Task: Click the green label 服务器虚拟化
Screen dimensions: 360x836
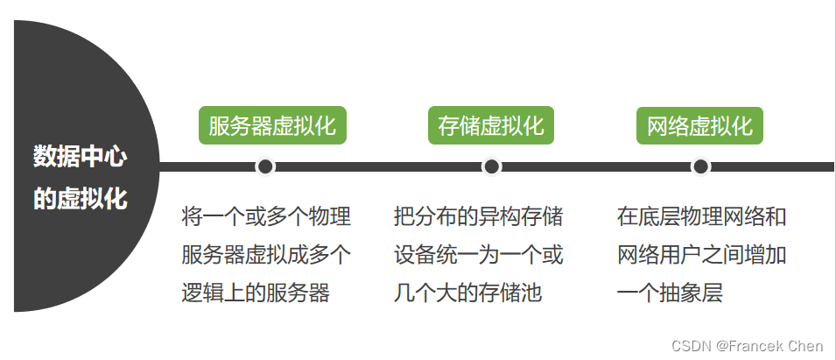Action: [x=272, y=125]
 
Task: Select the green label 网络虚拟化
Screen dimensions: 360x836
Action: [x=699, y=125]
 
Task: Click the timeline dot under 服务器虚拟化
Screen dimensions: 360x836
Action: [x=265, y=166]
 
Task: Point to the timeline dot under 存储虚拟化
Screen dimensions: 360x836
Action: [x=491, y=166]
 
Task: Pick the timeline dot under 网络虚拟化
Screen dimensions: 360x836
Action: [x=699, y=166]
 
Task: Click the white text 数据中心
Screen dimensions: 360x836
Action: [x=81, y=158]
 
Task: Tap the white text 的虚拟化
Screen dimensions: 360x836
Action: [x=81, y=199]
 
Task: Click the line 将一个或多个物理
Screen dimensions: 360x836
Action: [x=266, y=216]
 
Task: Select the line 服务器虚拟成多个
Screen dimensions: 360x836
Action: [x=266, y=255]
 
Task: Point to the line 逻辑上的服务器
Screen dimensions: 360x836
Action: [x=256, y=293]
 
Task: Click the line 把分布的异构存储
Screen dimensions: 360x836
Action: [x=478, y=216]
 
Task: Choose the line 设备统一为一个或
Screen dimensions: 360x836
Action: [x=478, y=255]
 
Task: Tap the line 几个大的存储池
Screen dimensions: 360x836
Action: [x=467, y=293]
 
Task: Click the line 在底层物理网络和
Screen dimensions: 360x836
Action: [x=701, y=216]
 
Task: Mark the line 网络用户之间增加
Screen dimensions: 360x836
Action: [x=701, y=255]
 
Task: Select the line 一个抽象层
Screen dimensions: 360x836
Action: [x=670, y=293]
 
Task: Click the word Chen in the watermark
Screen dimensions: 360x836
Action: [x=805, y=346]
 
